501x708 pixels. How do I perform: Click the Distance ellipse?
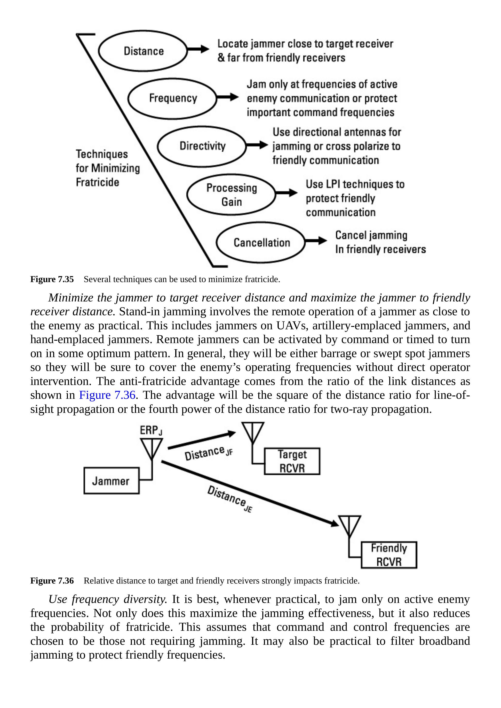point(143,51)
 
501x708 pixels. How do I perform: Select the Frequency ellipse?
point(173,98)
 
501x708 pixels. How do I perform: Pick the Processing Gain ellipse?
point(231,195)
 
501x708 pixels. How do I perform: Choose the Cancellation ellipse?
point(261,242)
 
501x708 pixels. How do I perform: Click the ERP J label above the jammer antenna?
point(151,430)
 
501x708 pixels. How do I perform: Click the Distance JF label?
point(208,453)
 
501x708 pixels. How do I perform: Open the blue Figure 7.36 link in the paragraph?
point(107,395)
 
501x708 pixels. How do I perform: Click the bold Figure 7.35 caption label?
point(52,279)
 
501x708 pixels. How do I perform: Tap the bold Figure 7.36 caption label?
point(52,581)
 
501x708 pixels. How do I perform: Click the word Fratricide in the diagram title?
point(97,182)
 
